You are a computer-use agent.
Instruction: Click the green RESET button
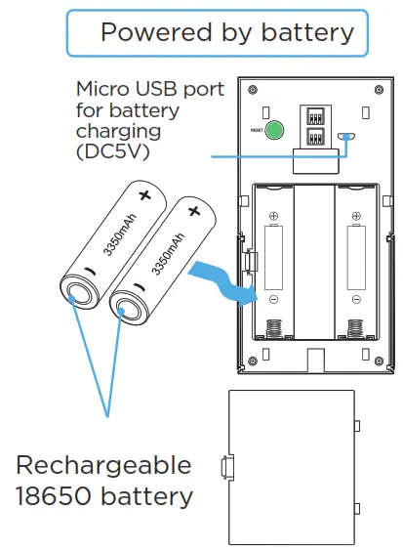pos(275,130)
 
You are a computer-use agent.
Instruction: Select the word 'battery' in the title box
pos(307,32)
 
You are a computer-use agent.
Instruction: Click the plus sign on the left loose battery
pos(145,195)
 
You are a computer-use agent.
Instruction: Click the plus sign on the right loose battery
pos(193,210)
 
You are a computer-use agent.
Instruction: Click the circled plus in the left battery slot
pos(274,217)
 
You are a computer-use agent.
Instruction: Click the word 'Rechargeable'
pos(103,463)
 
